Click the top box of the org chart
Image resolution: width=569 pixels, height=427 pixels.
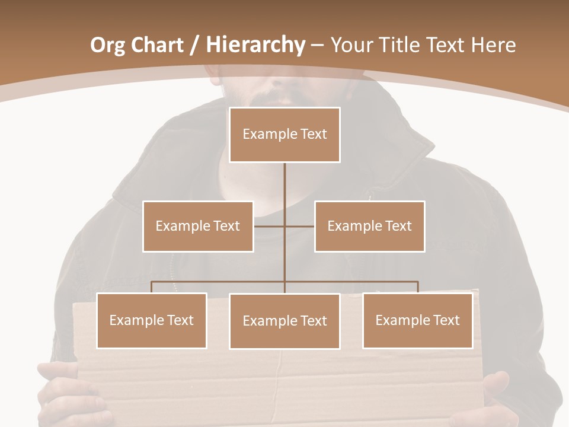284,135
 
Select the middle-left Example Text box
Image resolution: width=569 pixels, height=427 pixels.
198,226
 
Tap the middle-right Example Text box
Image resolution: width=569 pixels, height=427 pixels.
369,226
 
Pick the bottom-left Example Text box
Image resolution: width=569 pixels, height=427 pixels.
152,320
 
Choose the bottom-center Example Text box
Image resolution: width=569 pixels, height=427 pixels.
284,321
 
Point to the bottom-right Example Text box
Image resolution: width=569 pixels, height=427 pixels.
417,320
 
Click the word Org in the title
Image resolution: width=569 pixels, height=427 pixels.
107,45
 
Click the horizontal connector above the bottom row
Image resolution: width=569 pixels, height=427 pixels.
219,282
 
